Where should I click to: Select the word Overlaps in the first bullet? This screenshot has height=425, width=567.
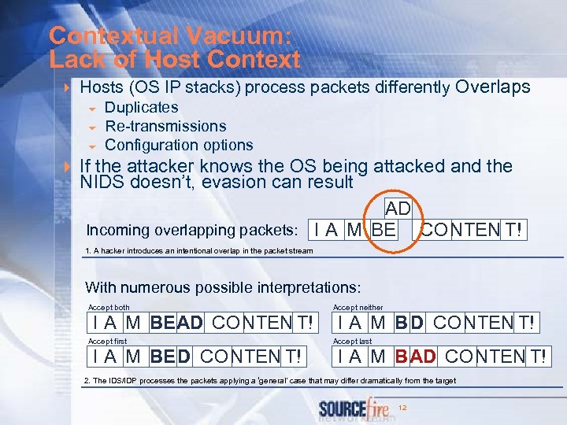pyautogui.click(x=493, y=87)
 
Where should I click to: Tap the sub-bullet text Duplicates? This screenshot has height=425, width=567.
pyautogui.click(x=142, y=107)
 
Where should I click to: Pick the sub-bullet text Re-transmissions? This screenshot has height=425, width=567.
pyautogui.click(x=165, y=126)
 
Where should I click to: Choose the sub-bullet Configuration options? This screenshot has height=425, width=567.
pyautogui.click(x=179, y=145)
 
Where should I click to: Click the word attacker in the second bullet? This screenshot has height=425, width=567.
pyautogui.click(x=161, y=166)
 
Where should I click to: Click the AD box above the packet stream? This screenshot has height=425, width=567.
pyautogui.click(x=398, y=209)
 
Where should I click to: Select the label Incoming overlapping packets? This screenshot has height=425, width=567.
pyautogui.click(x=192, y=231)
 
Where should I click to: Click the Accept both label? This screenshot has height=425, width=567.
pyautogui.click(x=109, y=307)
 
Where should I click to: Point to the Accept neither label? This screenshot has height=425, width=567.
pyautogui.click(x=358, y=307)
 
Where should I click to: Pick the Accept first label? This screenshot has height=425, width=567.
pyautogui.click(x=107, y=342)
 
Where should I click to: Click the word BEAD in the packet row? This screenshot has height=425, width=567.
pyautogui.click(x=176, y=323)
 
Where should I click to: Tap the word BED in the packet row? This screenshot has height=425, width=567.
pyautogui.click(x=170, y=357)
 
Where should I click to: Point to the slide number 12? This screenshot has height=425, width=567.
pyautogui.click(x=403, y=407)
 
